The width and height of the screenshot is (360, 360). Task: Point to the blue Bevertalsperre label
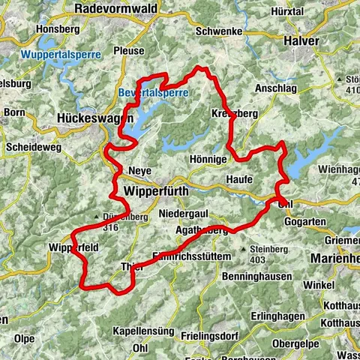coord(153,92)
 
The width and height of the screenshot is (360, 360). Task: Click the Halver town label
coord(301,40)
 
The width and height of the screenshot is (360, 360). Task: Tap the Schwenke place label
coord(217,32)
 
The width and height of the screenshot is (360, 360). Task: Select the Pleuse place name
coord(129,51)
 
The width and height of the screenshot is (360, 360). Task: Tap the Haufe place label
coord(238,179)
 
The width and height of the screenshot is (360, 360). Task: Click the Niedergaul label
coord(183,214)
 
